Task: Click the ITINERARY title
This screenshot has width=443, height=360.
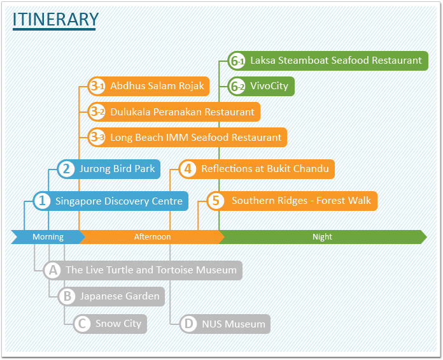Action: [x=55, y=19]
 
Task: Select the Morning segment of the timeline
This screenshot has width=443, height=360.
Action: [x=48, y=236]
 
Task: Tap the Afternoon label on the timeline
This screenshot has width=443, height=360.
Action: [x=152, y=236]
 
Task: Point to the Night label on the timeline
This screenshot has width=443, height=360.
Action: [x=322, y=236]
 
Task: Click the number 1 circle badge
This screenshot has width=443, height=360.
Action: [x=42, y=201]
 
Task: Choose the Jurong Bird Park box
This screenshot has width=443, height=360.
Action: [x=109, y=169]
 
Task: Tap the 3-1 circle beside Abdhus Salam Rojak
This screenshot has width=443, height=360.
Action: [x=97, y=86]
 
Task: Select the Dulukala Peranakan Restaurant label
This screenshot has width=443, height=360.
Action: [x=182, y=112]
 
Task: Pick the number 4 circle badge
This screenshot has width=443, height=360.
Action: [x=188, y=169]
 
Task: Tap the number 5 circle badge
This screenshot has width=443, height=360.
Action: [x=216, y=201]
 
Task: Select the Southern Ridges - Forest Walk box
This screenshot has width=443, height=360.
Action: [x=292, y=201]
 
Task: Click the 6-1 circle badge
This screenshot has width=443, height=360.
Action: [x=237, y=61]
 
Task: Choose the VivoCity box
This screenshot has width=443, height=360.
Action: [x=261, y=86]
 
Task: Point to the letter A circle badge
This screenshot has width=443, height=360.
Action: [x=53, y=270]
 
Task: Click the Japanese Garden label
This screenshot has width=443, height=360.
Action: [x=120, y=296]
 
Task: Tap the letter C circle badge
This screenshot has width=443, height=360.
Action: [x=82, y=324]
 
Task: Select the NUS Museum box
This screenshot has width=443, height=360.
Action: [x=225, y=324]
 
